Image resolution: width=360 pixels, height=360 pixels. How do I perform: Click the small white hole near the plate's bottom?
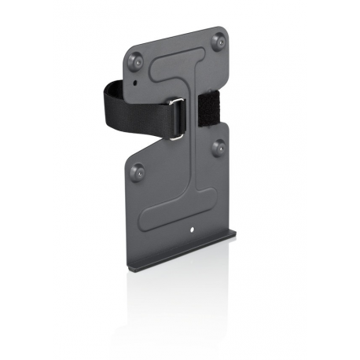(193, 230)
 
